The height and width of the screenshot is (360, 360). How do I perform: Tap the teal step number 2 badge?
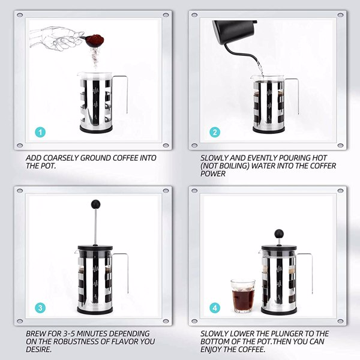[214, 133]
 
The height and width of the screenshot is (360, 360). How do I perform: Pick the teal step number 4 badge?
[214, 308]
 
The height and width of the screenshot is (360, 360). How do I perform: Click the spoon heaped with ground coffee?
[95, 41]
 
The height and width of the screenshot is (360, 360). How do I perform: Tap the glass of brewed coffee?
[242, 295]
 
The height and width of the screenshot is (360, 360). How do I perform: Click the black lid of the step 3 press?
[95, 245]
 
